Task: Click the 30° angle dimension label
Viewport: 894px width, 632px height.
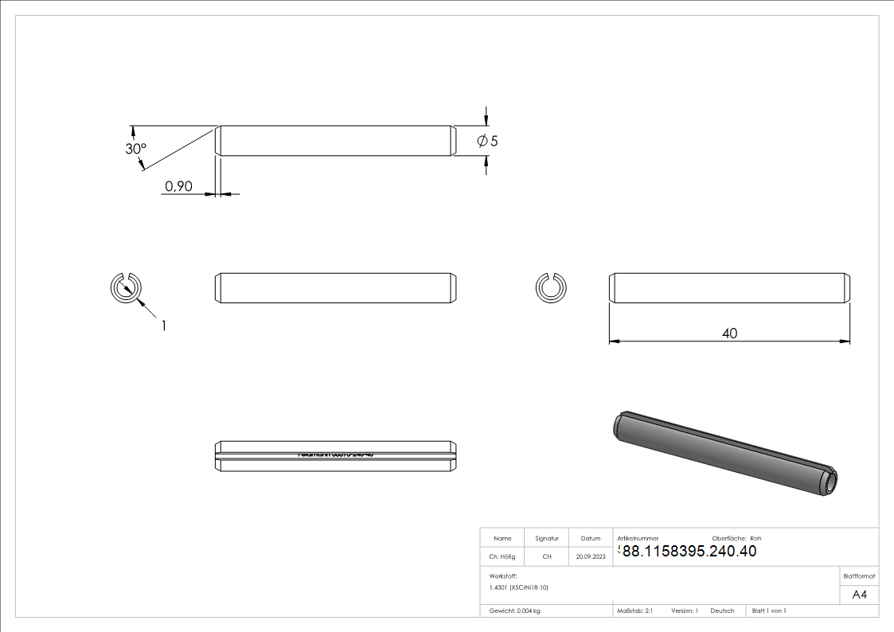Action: coord(136,149)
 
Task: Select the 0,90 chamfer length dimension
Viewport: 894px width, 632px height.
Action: coord(178,186)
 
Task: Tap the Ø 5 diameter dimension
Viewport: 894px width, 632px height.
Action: coord(487,141)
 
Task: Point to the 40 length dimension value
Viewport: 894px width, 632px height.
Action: coord(729,333)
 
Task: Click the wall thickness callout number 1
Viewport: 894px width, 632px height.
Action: coord(164,325)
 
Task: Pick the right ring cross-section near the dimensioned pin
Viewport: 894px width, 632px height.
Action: coord(549,287)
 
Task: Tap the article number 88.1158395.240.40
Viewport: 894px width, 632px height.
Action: coord(689,551)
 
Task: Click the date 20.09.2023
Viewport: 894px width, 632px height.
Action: coord(591,557)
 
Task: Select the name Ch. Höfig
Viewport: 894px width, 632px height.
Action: coord(502,557)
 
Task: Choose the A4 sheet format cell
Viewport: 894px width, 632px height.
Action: coord(860,595)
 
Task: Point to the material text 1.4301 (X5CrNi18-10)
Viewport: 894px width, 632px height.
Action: coord(519,587)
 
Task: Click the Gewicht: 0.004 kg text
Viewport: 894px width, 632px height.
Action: coord(515,611)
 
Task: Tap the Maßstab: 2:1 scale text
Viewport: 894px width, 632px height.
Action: coord(635,611)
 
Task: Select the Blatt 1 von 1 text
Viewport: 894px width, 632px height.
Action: coord(769,611)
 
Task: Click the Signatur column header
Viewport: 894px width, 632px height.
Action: coord(546,538)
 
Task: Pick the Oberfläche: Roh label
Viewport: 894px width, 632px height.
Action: coord(736,538)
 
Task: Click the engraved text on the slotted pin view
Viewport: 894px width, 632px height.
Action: coord(335,454)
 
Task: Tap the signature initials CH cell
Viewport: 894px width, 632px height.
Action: coord(546,557)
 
